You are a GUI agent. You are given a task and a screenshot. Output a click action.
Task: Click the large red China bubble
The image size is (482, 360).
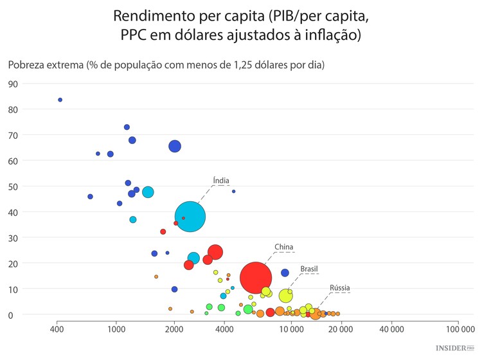tap(256, 278)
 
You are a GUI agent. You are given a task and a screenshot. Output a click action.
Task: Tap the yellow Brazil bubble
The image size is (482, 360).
tap(286, 296)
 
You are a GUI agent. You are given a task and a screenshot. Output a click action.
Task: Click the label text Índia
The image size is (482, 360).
tap(221, 181)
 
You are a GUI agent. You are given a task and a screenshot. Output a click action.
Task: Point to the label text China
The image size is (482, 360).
tap(283, 247)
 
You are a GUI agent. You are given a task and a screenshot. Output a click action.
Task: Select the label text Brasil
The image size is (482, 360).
tap(309, 269)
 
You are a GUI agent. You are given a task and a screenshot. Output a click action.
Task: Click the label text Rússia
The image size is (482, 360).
tap(340, 288)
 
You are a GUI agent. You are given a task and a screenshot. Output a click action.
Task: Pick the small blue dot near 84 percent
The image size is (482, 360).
tap(60, 100)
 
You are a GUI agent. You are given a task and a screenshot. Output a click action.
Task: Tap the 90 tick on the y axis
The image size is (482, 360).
tap(13, 84)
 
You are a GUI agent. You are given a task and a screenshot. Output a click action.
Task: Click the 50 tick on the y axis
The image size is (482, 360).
tap(13, 186)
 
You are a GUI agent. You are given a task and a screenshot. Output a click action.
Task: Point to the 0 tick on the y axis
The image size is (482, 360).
tap(10, 315)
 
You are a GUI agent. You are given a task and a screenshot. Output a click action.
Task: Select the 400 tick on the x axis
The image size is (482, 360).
tap(57, 329)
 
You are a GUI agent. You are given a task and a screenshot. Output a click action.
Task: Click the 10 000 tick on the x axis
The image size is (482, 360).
tap(291, 329)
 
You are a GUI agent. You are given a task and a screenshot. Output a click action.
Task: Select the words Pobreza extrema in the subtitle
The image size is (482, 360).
tap(45, 64)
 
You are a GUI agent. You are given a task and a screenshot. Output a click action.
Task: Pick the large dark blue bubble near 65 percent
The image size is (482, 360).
tap(174, 146)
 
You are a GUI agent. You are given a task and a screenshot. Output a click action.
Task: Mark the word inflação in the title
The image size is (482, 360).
tap(330, 35)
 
